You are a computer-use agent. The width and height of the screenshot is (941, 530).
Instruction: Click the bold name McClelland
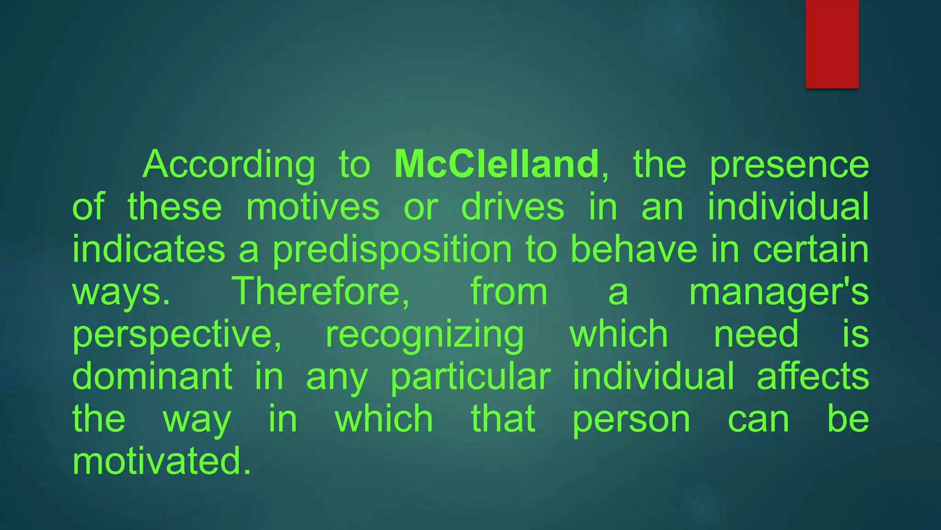[496, 164]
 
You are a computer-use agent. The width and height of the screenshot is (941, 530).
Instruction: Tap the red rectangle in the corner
[832, 44]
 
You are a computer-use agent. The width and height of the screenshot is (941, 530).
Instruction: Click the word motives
[313, 207]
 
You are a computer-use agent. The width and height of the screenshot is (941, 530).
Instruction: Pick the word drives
[512, 207]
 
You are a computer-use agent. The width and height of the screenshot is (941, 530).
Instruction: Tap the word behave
[634, 249]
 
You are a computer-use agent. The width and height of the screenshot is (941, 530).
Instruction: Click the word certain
[811, 249]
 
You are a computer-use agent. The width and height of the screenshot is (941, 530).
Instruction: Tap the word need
[756, 334]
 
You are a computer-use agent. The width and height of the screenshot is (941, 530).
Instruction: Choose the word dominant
[152, 376]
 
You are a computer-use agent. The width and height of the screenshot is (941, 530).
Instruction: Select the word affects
[813, 376]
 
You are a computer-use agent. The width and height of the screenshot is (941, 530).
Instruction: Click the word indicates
[149, 249]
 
